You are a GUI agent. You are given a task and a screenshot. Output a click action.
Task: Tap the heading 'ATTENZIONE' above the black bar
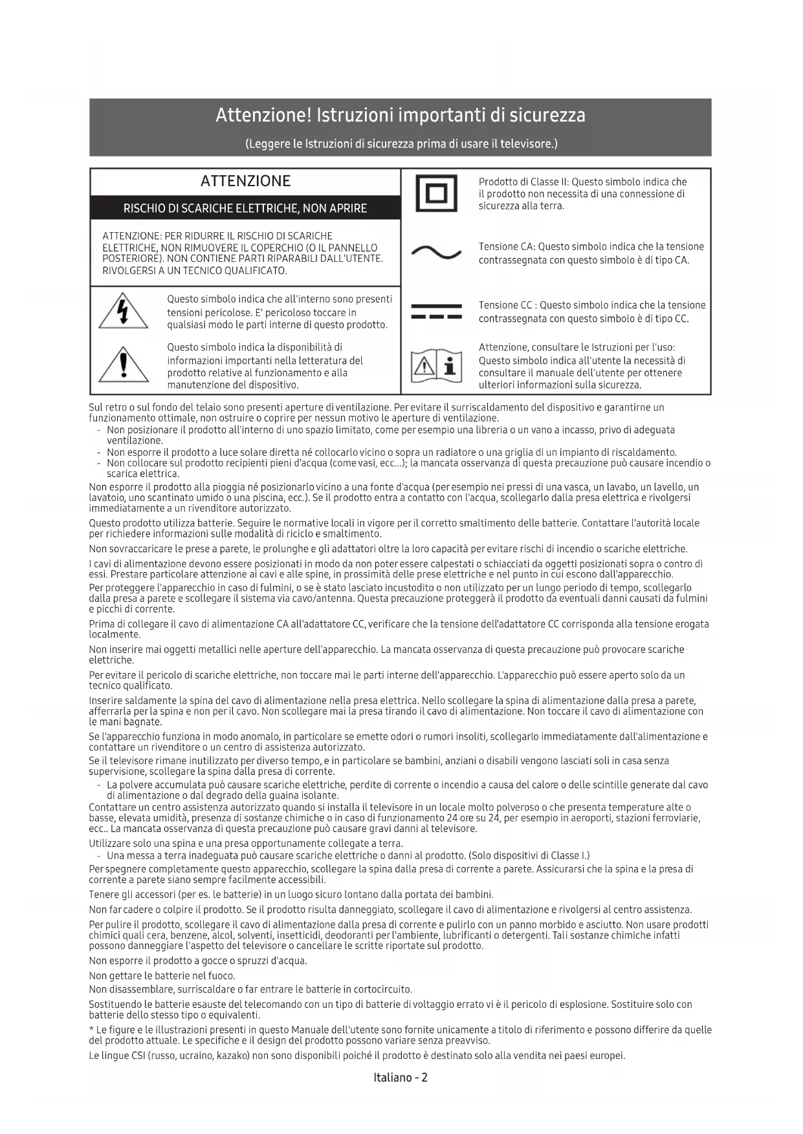pyautogui.click(x=245, y=181)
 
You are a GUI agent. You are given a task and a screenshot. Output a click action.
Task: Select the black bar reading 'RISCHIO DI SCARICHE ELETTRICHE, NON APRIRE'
pyautogui.click(x=245, y=208)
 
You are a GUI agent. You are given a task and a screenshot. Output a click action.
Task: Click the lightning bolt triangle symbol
pyautogui.click(x=123, y=312)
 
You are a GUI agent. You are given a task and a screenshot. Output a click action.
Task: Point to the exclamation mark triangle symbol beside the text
pyautogui.click(x=123, y=365)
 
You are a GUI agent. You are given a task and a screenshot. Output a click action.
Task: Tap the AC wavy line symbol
pyautogui.click(x=436, y=253)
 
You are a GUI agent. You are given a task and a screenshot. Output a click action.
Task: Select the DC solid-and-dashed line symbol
pyautogui.click(x=436, y=312)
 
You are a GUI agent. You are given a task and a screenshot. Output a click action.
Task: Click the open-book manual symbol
pyautogui.click(x=436, y=366)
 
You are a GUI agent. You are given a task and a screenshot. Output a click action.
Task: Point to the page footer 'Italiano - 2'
pyautogui.click(x=401, y=1078)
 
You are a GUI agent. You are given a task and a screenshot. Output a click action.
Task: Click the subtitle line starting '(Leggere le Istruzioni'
pyautogui.click(x=401, y=144)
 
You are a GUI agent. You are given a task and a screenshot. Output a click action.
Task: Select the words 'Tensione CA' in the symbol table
pyautogui.click(x=507, y=247)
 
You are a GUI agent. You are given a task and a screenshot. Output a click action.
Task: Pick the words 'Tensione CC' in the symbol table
pyautogui.click(x=507, y=305)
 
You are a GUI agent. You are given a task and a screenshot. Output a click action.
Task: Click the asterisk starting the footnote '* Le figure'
pyautogui.click(x=91, y=1030)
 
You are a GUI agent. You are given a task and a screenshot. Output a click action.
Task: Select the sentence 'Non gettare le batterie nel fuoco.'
pyautogui.click(x=162, y=976)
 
